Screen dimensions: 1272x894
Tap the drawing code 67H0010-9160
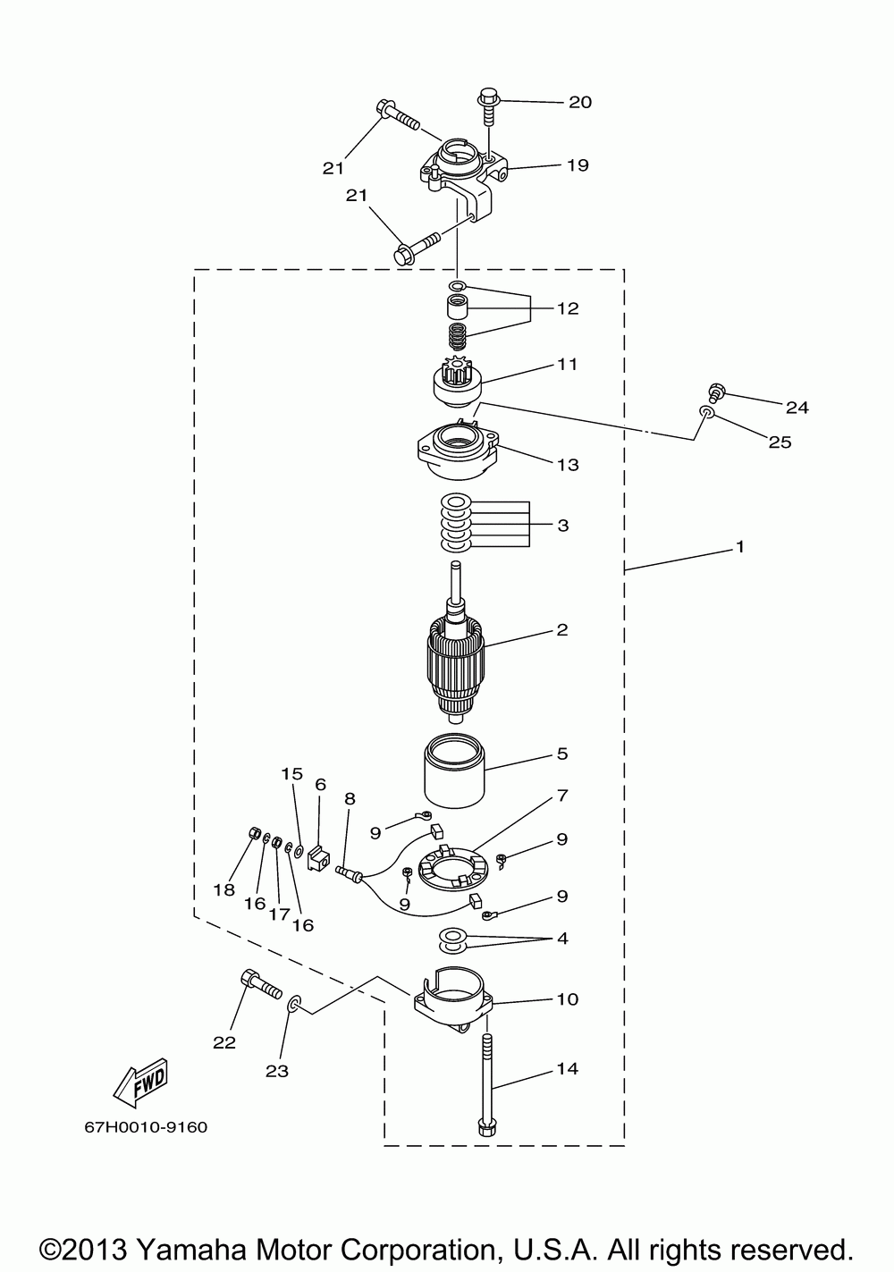[147, 1127]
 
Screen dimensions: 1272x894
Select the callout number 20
[579, 102]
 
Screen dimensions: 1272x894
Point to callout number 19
[577, 164]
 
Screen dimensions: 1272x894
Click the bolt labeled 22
[258, 985]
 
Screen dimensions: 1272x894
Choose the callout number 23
[277, 1070]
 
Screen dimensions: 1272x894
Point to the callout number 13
[568, 464]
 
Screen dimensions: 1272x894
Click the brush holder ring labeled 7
[451, 869]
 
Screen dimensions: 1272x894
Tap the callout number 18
[223, 889]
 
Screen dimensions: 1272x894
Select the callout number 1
[739, 545]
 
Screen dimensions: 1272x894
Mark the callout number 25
[780, 442]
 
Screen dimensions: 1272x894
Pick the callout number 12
[568, 308]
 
